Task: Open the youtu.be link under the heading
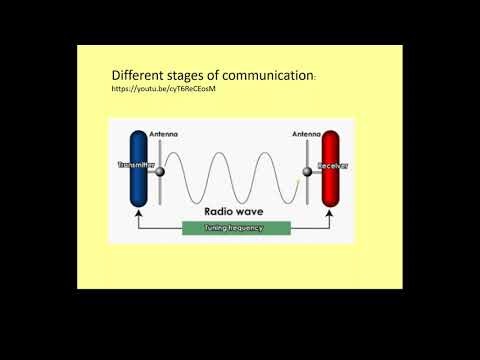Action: point(164,90)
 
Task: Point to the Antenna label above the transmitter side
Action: point(163,134)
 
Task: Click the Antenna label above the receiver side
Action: point(305,134)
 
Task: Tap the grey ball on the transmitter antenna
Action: point(158,172)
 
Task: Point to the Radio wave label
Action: point(234,212)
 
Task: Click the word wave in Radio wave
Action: point(254,212)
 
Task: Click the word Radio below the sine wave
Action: point(220,212)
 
